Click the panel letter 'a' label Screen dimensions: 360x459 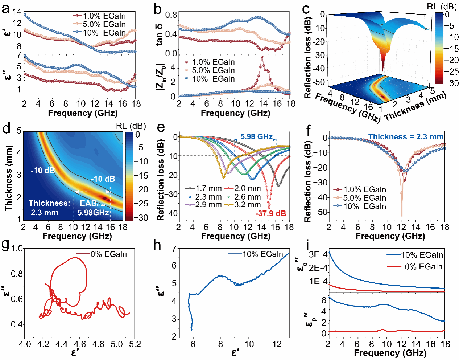pyautogui.click(x=5, y=9)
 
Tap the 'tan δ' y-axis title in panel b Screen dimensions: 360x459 pyautogui.click(x=159, y=35)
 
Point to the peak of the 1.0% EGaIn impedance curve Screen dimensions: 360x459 pyautogui.click(x=262, y=56)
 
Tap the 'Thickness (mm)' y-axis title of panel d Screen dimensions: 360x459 pyautogui.click(x=9, y=178)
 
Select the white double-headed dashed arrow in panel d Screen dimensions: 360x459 pyautogui.click(x=92, y=192)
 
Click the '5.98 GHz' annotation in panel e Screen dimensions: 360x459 pyautogui.click(x=256, y=137)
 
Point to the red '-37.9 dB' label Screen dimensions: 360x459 pyautogui.click(x=270, y=213)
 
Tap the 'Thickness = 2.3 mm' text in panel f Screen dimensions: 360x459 pyautogui.click(x=406, y=137)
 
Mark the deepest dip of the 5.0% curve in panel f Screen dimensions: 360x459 pyautogui.click(x=402, y=216)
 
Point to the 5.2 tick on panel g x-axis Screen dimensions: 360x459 pyautogui.click(x=135, y=344)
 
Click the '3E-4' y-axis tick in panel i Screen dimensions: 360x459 pyautogui.click(x=318, y=254)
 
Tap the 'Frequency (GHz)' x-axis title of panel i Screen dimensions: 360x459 pyautogui.click(x=390, y=353)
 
